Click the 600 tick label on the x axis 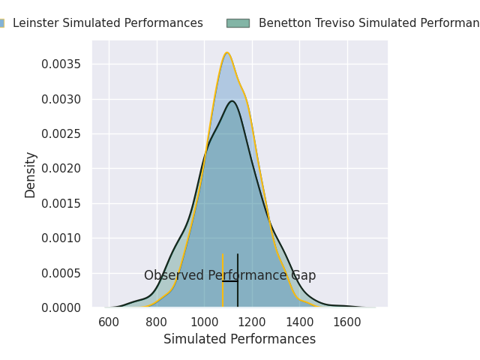pos(109,322)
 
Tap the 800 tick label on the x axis pos(157,322)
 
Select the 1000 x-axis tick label pos(204,322)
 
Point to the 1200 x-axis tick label pos(252,322)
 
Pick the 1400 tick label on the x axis pos(299,322)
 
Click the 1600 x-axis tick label pos(347,322)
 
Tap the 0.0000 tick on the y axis pos(63,307)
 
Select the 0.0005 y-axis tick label pos(63,273)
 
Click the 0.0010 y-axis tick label pos(63,238)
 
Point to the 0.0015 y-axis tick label pos(63,203)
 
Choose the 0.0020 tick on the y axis pos(63,168)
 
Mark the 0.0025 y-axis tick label pos(63,133)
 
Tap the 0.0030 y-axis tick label pos(63,99)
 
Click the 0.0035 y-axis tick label pos(63,64)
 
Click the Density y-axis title pos(31,175)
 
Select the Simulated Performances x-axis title pos(239,339)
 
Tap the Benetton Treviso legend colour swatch pos(238,23)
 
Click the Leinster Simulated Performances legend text pos(108,23)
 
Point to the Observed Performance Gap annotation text pos(229,276)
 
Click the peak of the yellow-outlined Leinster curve pos(227,52)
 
